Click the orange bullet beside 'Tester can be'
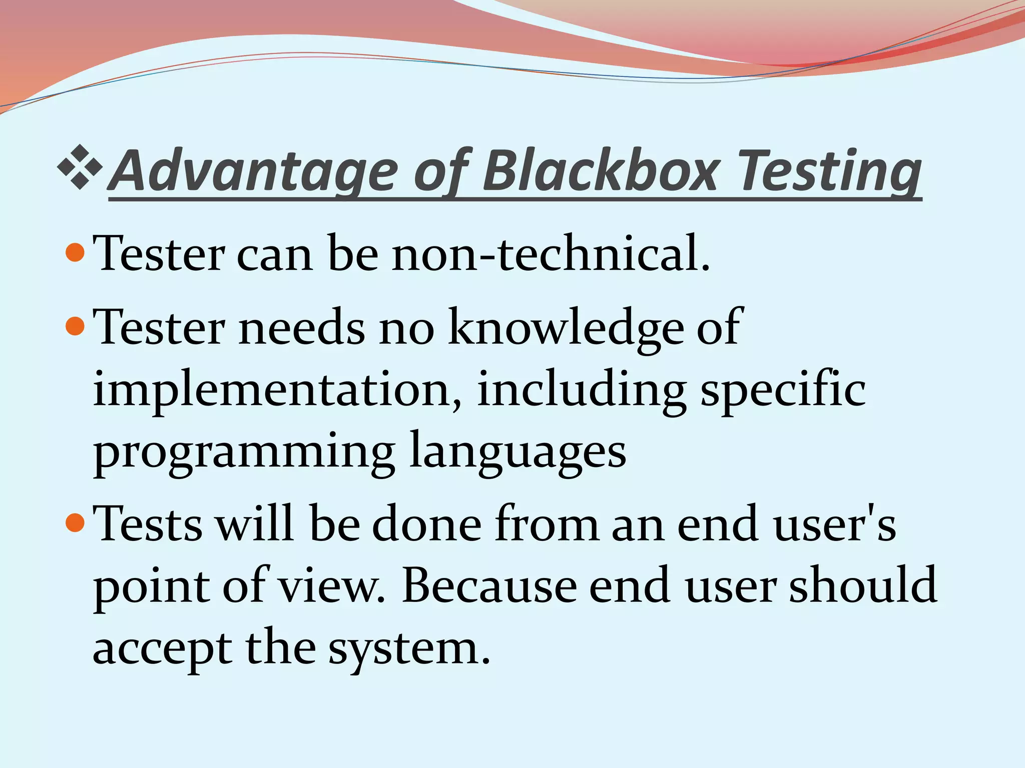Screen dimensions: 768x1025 tap(75, 253)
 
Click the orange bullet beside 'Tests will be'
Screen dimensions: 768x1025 tap(75, 523)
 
